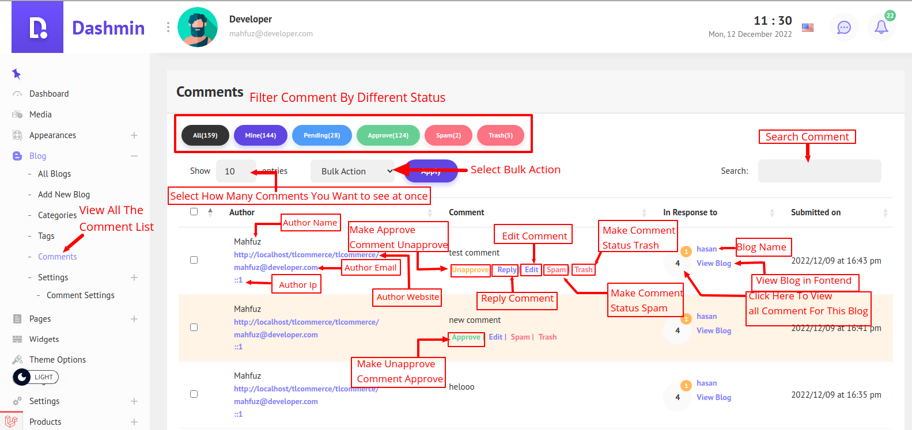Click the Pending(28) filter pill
pos(321,135)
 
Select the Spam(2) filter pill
pos(448,135)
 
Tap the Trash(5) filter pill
pos(500,135)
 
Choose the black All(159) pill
pos(205,135)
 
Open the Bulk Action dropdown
pos(353,171)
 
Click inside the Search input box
pos(819,171)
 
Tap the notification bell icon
pos(881,27)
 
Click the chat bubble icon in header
pos(843,27)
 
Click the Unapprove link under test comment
pos(470,269)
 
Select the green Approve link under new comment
pos(466,337)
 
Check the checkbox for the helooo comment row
pos(194,394)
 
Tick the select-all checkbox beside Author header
pos(194,212)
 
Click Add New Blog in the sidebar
pos(64,195)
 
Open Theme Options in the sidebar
pos(58,360)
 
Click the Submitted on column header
pos(815,212)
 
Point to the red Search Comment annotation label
pos(807,137)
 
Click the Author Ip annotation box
pos(297,285)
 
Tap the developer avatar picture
pos(198,27)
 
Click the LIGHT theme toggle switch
pos(36,377)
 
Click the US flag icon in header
pos(808,27)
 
